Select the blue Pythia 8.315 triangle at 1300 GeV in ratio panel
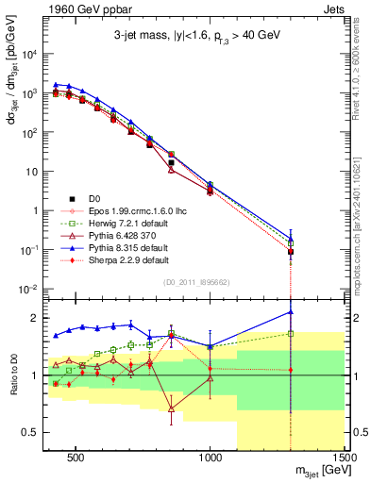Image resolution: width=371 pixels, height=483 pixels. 291,312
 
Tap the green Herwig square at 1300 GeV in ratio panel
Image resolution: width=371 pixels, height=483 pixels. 291,333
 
